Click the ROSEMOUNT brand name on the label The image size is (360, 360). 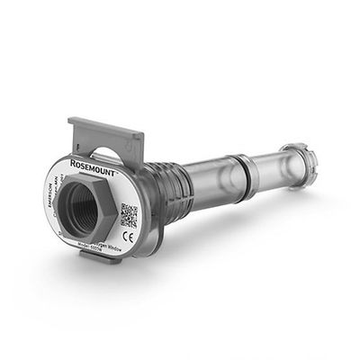(x=112, y=174)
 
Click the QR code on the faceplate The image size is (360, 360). (x=129, y=216)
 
